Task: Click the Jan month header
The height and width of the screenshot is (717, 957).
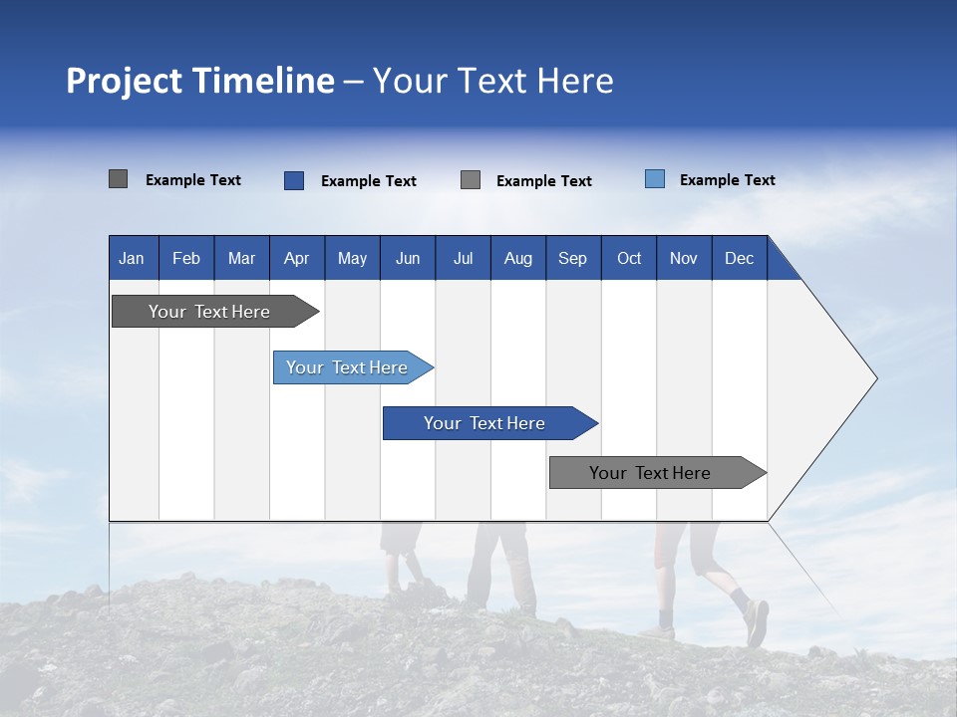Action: [x=132, y=258]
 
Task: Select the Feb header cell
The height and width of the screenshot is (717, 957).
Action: [x=186, y=258]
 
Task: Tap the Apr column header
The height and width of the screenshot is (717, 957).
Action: [x=297, y=258]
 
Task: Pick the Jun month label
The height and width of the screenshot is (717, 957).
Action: [x=408, y=258]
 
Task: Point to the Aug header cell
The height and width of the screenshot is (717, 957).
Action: [x=518, y=258]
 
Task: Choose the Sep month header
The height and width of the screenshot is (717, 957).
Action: [x=573, y=258]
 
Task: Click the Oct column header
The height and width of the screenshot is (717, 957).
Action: [x=629, y=258]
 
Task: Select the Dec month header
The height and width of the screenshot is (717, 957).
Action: [x=740, y=258]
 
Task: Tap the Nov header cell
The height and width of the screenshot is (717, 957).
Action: [x=684, y=258]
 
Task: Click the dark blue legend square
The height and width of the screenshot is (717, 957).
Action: [x=294, y=180]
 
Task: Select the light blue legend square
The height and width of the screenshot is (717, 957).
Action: [x=655, y=179]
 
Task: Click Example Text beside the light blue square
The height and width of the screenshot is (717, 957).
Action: [x=727, y=180]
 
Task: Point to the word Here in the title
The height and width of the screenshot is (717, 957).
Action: [x=575, y=81]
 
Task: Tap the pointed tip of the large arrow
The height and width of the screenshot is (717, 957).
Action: [x=874, y=378]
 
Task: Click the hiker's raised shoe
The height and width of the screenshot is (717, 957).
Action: [x=757, y=622]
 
